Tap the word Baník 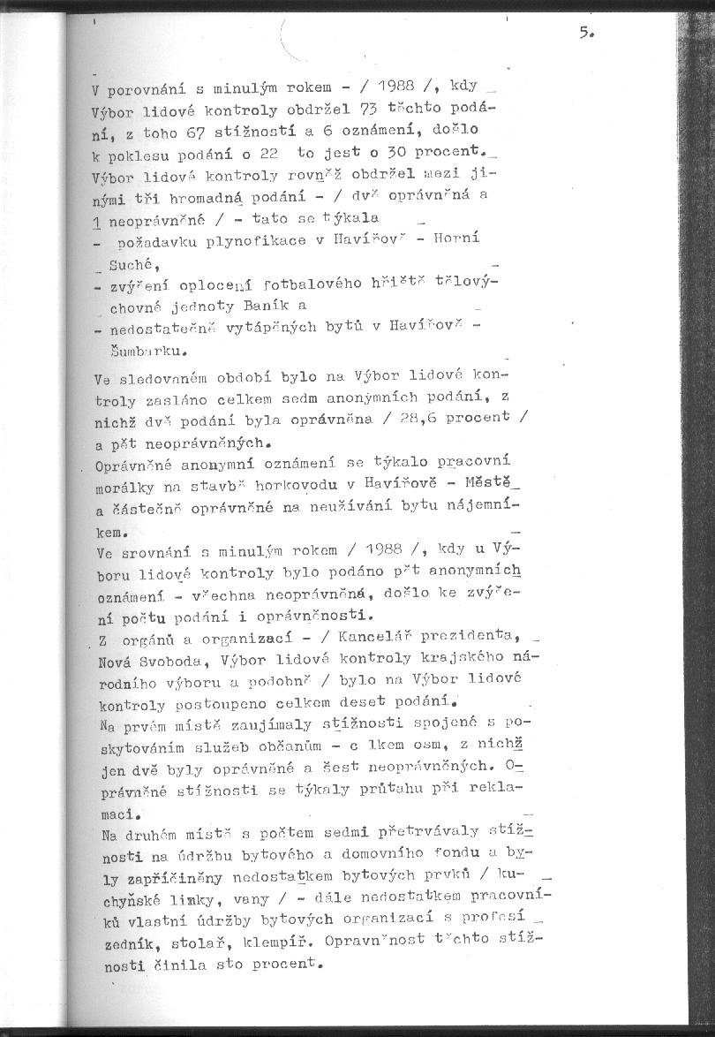tap(260, 307)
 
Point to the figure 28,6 tap(418, 417)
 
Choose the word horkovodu tap(297, 485)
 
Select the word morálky tap(121, 486)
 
